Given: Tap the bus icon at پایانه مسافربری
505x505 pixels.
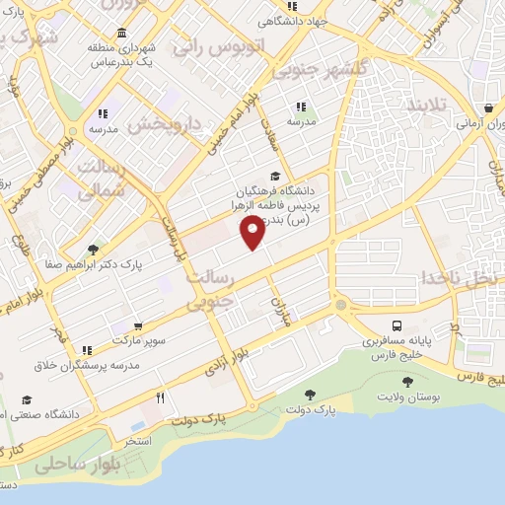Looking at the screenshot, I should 397,325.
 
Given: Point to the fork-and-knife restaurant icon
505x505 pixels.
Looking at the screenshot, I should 161,399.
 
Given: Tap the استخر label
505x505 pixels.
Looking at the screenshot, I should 137,440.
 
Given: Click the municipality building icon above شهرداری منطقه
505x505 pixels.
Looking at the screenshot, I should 121,34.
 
